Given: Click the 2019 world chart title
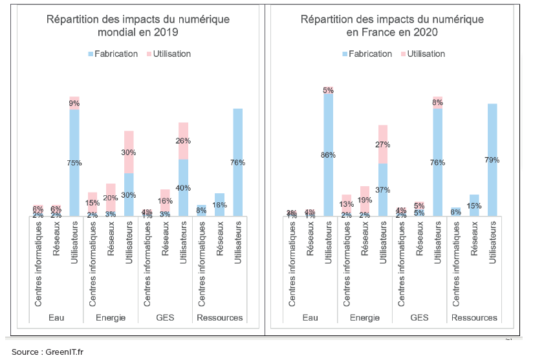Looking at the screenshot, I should (138, 25).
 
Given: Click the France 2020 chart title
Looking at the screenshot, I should (392, 25).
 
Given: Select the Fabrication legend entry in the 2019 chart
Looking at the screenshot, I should (113, 54).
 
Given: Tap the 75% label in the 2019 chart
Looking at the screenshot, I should (74, 163).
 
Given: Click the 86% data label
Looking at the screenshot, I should (329, 154).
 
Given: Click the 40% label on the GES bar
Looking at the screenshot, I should (183, 188).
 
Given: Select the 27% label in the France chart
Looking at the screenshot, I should (383, 145).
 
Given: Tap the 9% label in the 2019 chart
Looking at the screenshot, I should (74, 103).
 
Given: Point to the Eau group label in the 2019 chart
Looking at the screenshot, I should (56, 317).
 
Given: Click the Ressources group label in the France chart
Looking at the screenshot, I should (474, 317).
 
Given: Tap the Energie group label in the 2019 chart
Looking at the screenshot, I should (111, 317).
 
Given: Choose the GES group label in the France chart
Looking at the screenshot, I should (419, 317).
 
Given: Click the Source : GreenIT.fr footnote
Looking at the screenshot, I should (43, 352).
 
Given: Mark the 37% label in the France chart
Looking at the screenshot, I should (383, 190).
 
